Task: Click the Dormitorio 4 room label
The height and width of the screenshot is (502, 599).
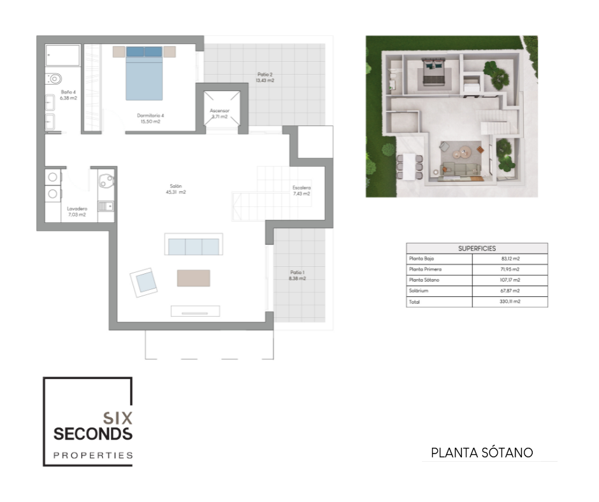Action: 150,118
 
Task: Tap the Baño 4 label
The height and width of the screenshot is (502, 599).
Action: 68,95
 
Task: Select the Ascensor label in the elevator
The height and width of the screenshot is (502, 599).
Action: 220,113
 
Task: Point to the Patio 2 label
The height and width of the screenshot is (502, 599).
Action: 265,78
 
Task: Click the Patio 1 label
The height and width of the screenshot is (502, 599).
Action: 297,275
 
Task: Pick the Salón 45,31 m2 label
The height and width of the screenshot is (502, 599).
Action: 176,189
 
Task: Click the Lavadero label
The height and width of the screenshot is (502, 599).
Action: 77,212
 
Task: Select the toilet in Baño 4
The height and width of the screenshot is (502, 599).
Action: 54,79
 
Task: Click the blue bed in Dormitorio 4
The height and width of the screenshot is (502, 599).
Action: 144,73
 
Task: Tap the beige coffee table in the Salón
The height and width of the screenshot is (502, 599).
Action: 193,278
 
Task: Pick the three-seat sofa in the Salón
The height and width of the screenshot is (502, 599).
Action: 194,245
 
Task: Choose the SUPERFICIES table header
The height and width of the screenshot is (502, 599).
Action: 477,248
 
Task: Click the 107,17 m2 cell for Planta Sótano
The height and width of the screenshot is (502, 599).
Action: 510,280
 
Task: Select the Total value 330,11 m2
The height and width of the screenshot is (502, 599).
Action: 510,301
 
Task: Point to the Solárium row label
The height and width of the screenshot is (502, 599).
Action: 418,290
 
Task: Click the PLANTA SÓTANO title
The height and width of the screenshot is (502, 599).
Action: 482,453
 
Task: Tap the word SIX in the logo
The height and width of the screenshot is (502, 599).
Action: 118,419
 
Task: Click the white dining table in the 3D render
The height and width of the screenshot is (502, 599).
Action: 409,166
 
